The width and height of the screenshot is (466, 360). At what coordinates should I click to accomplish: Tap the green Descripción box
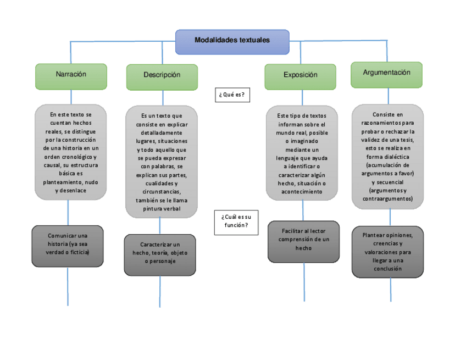[x=162, y=76]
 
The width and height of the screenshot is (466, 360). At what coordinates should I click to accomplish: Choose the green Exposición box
[x=300, y=76]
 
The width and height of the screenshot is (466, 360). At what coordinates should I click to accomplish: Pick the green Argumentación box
[x=386, y=74]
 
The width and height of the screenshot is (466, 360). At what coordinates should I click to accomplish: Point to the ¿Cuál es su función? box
[x=236, y=222]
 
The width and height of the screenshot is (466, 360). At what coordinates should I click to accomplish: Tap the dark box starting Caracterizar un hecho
[x=160, y=254]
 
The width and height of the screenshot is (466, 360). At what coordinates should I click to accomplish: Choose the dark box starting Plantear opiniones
[x=387, y=252]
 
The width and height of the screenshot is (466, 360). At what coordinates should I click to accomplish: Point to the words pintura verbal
[x=162, y=209]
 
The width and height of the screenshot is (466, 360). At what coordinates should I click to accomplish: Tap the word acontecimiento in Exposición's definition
[x=302, y=192]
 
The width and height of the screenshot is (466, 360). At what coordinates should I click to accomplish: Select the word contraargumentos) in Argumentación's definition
[x=387, y=199]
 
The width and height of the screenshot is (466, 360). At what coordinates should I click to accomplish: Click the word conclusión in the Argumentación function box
[x=387, y=269]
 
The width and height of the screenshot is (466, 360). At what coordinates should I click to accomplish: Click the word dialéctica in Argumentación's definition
[x=396, y=157]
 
